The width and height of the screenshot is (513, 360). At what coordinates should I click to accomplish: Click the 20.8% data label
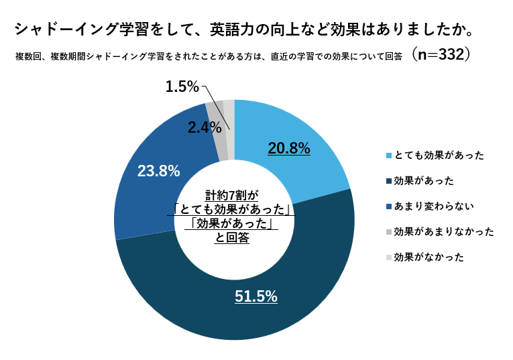tap(288, 149)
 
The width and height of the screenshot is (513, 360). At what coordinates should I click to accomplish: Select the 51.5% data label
tap(256, 296)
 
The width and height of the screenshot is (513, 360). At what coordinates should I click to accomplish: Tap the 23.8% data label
tap(158, 171)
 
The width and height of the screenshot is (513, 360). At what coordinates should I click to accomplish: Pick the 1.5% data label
tap(182, 86)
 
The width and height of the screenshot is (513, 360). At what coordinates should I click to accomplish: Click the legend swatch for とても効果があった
tap(389, 156)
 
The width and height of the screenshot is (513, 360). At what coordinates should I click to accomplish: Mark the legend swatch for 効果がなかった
tap(389, 257)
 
